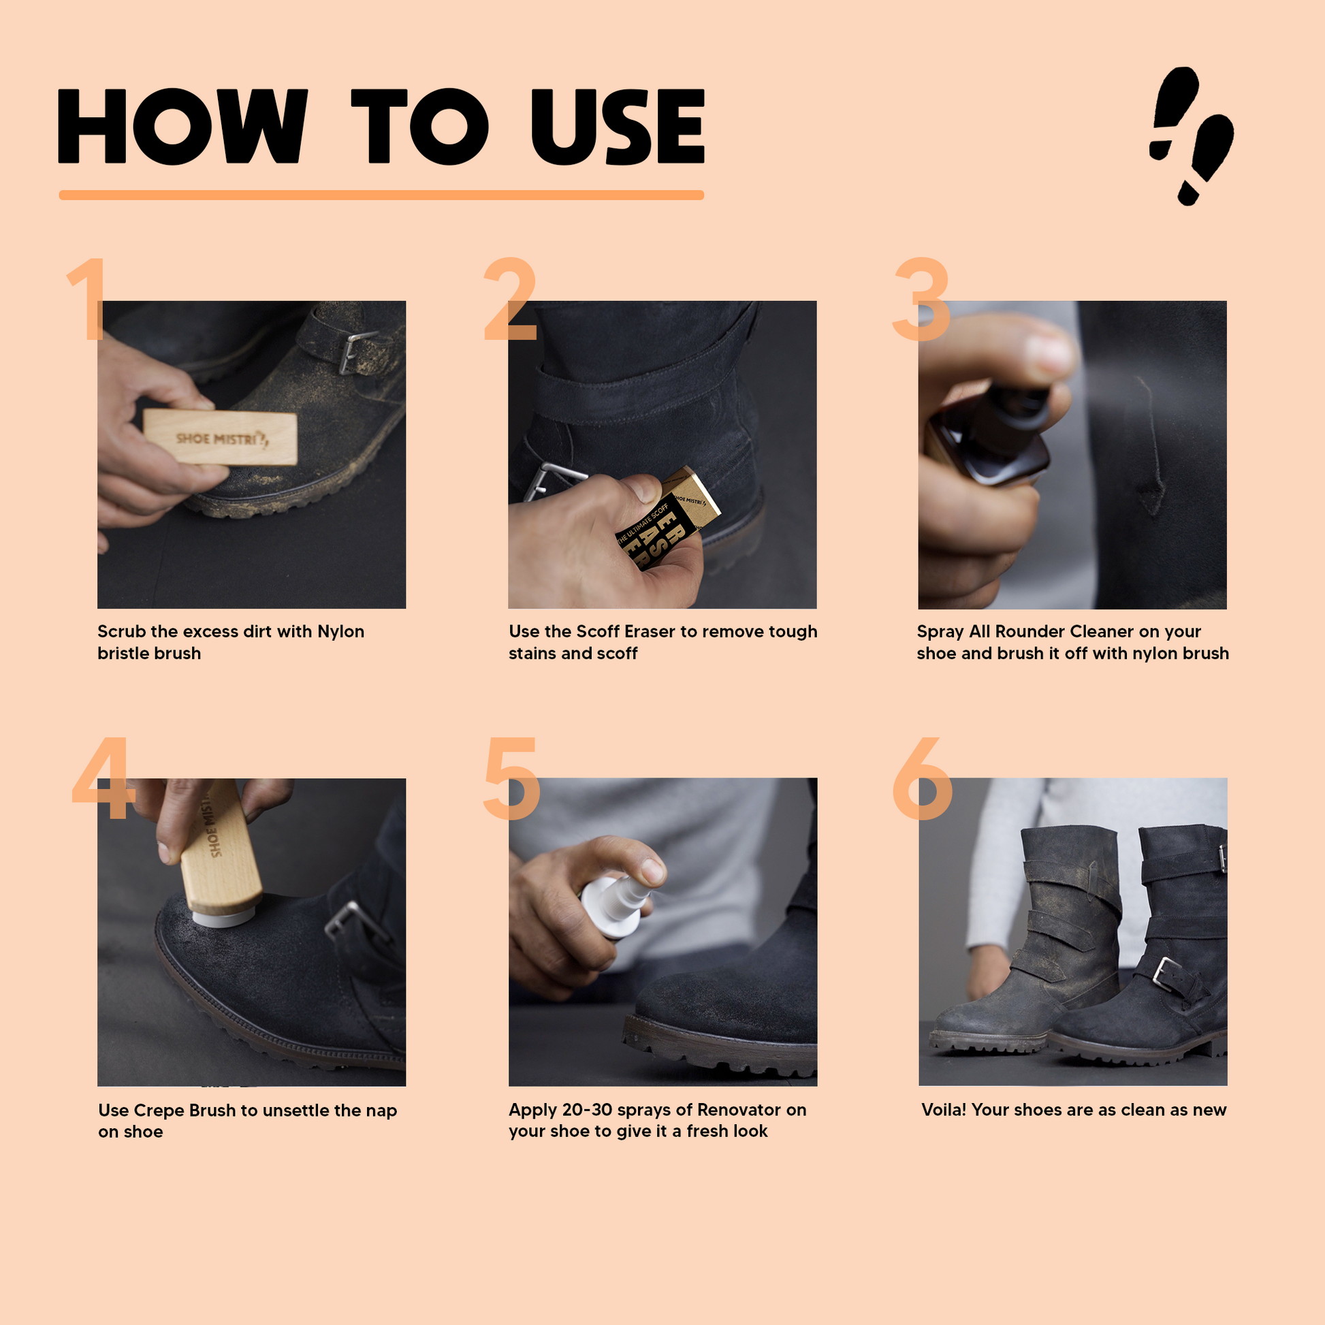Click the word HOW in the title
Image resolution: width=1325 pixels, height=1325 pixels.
182,126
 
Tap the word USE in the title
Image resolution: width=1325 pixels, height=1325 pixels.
618,126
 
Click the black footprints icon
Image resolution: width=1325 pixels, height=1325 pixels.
1192,135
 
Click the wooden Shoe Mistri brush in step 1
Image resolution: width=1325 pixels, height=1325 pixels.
221,438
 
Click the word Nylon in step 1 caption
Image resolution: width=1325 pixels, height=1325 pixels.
341,632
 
